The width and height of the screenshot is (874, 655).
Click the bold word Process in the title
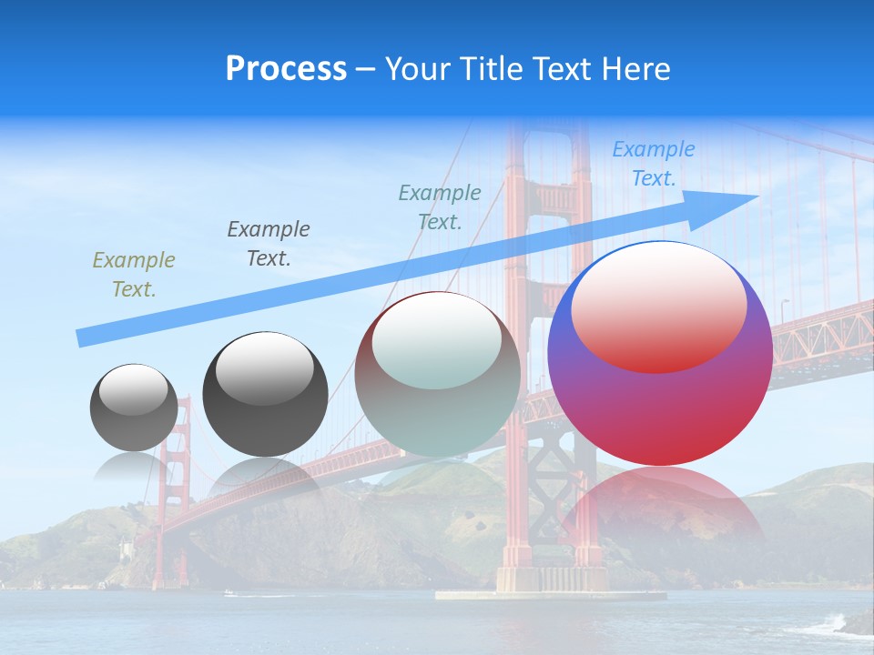(286, 69)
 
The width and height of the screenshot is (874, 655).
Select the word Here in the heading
(636, 69)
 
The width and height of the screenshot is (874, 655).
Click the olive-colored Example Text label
(134, 274)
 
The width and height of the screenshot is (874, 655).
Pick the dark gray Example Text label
(269, 243)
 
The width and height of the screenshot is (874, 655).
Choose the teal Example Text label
(440, 207)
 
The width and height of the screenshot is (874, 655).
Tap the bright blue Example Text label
(653, 164)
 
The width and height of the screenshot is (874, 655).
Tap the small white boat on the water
(229, 593)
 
